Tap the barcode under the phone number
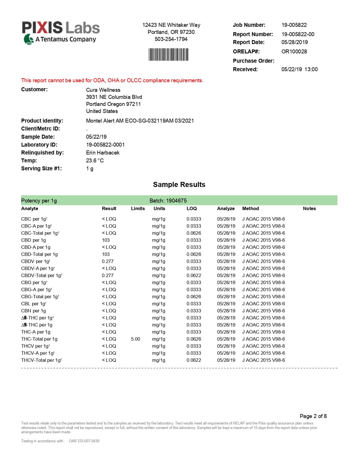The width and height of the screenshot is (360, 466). (x=168, y=55)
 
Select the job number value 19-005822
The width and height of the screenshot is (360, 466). (x=294, y=25)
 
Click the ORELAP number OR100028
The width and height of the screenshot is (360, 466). (x=294, y=51)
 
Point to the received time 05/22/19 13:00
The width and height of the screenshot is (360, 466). (x=299, y=69)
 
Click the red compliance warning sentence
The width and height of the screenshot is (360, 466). (x=112, y=80)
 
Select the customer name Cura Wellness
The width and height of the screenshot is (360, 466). (x=103, y=90)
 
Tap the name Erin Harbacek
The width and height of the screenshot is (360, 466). (x=102, y=153)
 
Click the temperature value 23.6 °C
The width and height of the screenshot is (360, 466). (x=95, y=160)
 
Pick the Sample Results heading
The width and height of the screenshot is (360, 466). (x=179, y=184)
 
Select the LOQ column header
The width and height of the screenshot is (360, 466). (x=191, y=208)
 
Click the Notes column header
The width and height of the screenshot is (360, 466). (x=309, y=208)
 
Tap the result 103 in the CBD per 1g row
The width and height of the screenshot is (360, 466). (x=106, y=240)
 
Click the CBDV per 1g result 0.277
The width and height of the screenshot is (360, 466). (x=108, y=261)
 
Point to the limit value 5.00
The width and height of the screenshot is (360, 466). (x=135, y=339)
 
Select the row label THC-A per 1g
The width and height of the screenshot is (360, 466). (x=36, y=332)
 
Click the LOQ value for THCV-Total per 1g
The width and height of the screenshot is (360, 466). (x=194, y=360)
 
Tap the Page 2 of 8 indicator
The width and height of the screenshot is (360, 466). (x=313, y=416)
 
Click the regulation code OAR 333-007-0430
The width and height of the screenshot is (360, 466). (x=84, y=441)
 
